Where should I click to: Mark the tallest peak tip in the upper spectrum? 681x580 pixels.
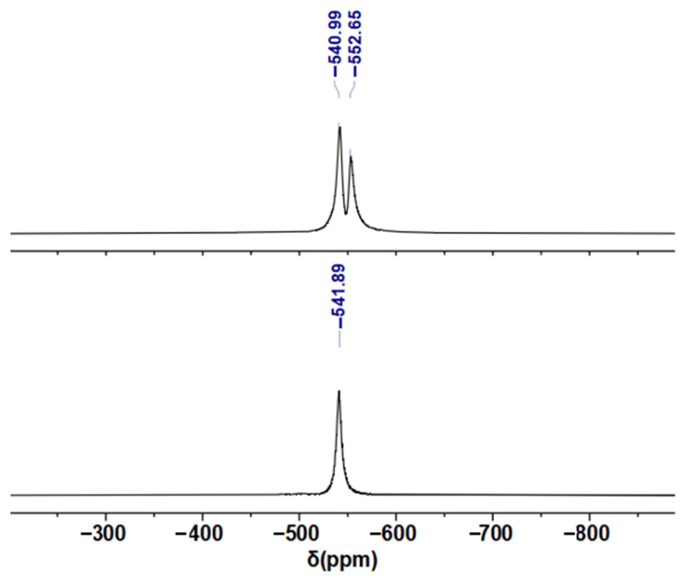339,127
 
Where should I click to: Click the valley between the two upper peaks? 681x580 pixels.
346,214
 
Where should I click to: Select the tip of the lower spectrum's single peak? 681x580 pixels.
339,391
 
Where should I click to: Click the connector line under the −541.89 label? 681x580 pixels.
339,338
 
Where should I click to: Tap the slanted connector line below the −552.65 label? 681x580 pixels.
352,90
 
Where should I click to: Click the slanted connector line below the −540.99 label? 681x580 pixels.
337,90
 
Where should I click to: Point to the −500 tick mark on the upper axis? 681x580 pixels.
299,253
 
